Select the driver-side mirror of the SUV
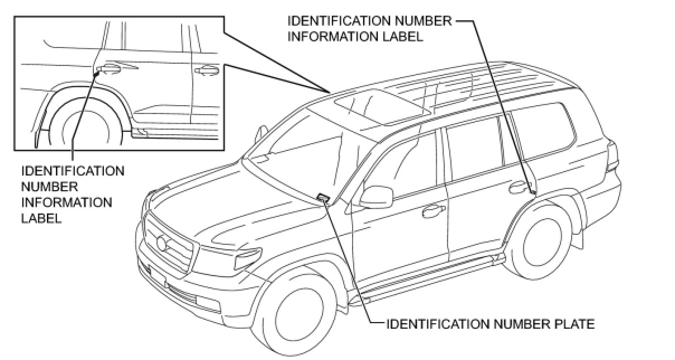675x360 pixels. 375,196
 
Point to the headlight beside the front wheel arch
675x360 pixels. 248,258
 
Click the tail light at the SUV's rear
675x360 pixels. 614,157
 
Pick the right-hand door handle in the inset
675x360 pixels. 207,70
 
